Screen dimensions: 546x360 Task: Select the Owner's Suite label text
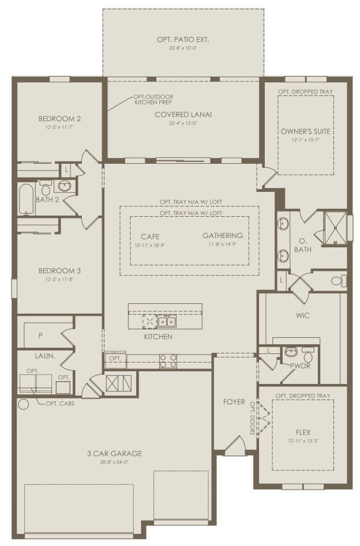tap(306, 131)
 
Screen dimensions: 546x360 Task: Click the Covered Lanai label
tap(183, 114)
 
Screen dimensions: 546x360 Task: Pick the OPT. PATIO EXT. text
tap(183, 39)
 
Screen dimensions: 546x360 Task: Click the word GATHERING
tap(223, 236)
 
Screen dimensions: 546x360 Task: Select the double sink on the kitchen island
tap(167, 321)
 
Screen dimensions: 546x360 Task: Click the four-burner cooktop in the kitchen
tap(168, 361)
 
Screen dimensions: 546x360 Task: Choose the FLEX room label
tap(303, 431)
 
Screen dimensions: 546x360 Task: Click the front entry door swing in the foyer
tap(234, 445)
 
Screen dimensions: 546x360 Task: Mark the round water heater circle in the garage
tap(23, 404)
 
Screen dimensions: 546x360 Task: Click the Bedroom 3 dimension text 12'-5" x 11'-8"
tap(57, 279)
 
